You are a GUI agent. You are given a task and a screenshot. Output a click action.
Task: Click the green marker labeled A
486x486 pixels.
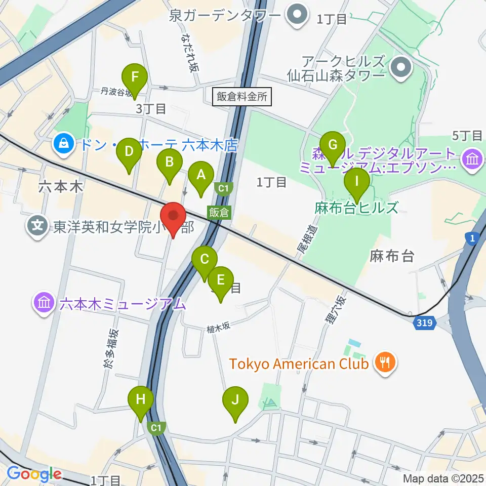coord(201,175)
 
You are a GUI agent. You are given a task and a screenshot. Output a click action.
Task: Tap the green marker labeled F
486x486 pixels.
coord(135,77)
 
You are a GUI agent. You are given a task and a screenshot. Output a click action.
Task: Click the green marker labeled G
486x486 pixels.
coord(333,145)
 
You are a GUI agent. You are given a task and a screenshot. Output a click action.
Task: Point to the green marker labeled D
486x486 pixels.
coord(129,151)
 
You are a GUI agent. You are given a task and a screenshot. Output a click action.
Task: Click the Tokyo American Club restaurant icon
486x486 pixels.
coord(385,362)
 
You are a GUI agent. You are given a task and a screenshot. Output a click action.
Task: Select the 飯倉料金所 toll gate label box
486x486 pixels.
coord(242,97)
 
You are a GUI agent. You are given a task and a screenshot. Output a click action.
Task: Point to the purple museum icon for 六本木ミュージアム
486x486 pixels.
coord(44,304)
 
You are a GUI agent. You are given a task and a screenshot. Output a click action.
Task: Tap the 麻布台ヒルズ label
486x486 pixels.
coord(356,208)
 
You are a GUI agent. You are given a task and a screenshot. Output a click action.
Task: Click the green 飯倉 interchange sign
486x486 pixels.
coord(219,213)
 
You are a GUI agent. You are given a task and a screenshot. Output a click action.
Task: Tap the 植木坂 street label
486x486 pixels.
coord(218,328)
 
